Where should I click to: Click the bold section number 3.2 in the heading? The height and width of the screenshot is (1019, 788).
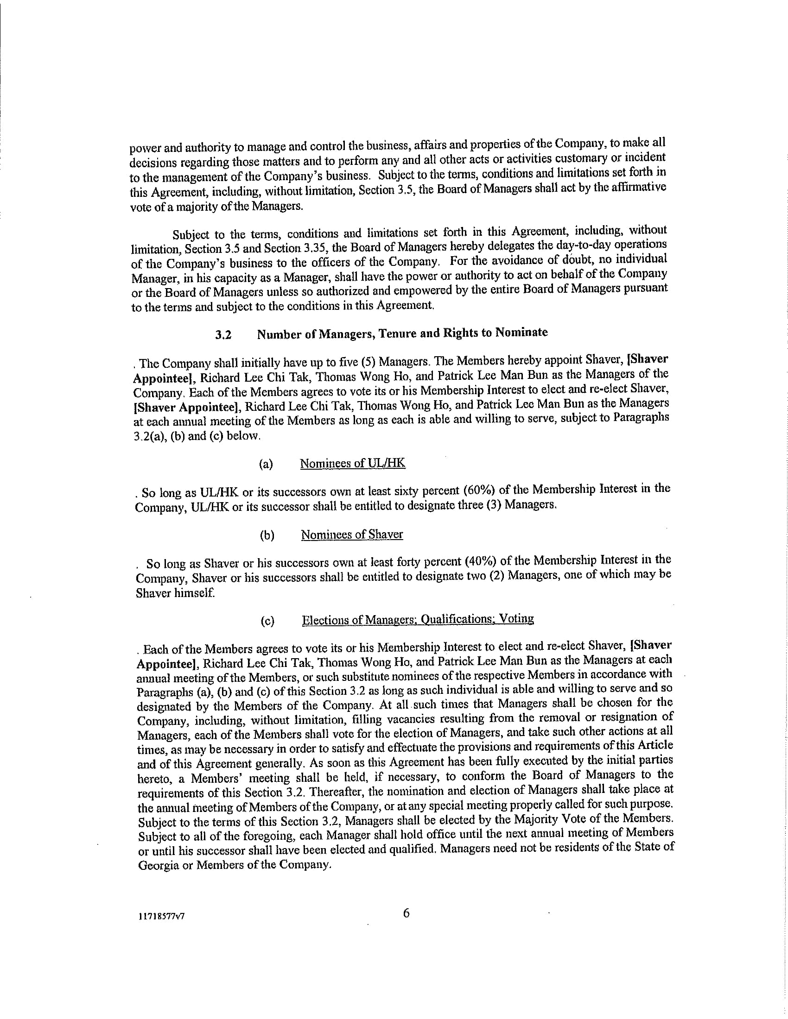(223, 335)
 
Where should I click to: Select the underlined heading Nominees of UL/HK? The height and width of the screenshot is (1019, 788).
(352, 463)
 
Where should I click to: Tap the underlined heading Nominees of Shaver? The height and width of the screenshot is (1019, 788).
(352, 534)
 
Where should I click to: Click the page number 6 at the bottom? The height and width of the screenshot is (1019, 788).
(406, 913)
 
